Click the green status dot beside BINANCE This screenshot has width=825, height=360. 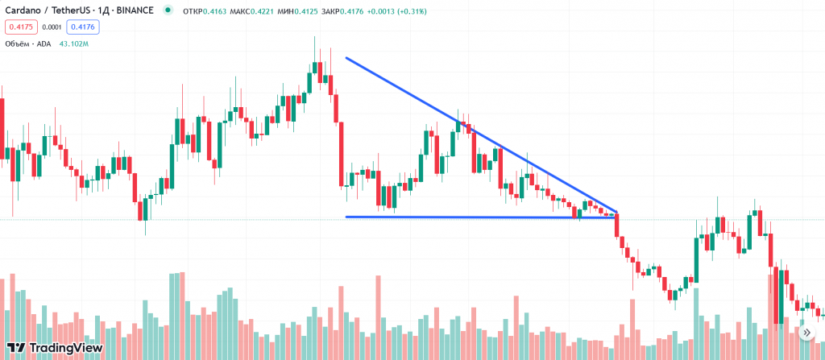pyautogui.click(x=167, y=11)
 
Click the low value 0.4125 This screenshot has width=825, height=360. pyautogui.click(x=310, y=12)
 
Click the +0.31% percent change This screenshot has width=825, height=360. pyautogui.click(x=412, y=12)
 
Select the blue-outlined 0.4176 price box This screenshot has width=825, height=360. pyautogui.click(x=82, y=27)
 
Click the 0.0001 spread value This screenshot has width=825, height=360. pyautogui.click(x=52, y=27)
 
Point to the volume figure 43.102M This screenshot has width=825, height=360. pyautogui.click(x=74, y=43)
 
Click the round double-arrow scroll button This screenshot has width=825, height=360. pyautogui.click(x=806, y=332)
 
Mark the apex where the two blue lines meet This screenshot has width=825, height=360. pyautogui.click(x=617, y=213)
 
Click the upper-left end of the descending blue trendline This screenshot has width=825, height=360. pyautogui.click(x=346, y=57)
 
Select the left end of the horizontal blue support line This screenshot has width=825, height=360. pyautogui.click(x=346, y=217)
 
